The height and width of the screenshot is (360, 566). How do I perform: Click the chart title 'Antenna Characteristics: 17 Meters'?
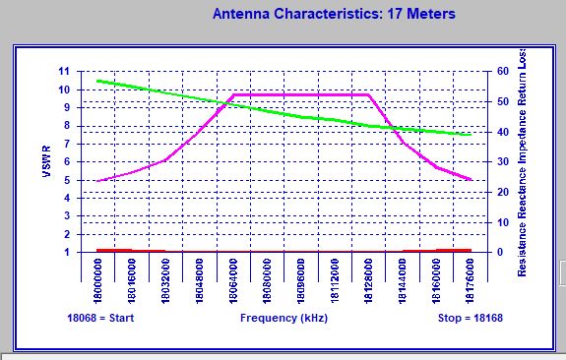pos(335,14)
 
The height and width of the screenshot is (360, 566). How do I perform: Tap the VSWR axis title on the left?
pos(46,161)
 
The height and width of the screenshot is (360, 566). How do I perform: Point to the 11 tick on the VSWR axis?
pos(64,72)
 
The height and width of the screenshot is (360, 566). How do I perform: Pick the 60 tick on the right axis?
pos(501,72)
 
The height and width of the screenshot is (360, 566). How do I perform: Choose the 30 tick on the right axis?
pos(501,162)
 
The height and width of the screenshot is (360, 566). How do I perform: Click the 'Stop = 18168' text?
pos(470,319)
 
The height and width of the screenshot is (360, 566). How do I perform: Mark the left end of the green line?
pos(97,81)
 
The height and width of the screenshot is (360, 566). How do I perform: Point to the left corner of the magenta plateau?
pos(232,94)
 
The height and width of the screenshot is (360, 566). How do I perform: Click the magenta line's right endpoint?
pos(472,180)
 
